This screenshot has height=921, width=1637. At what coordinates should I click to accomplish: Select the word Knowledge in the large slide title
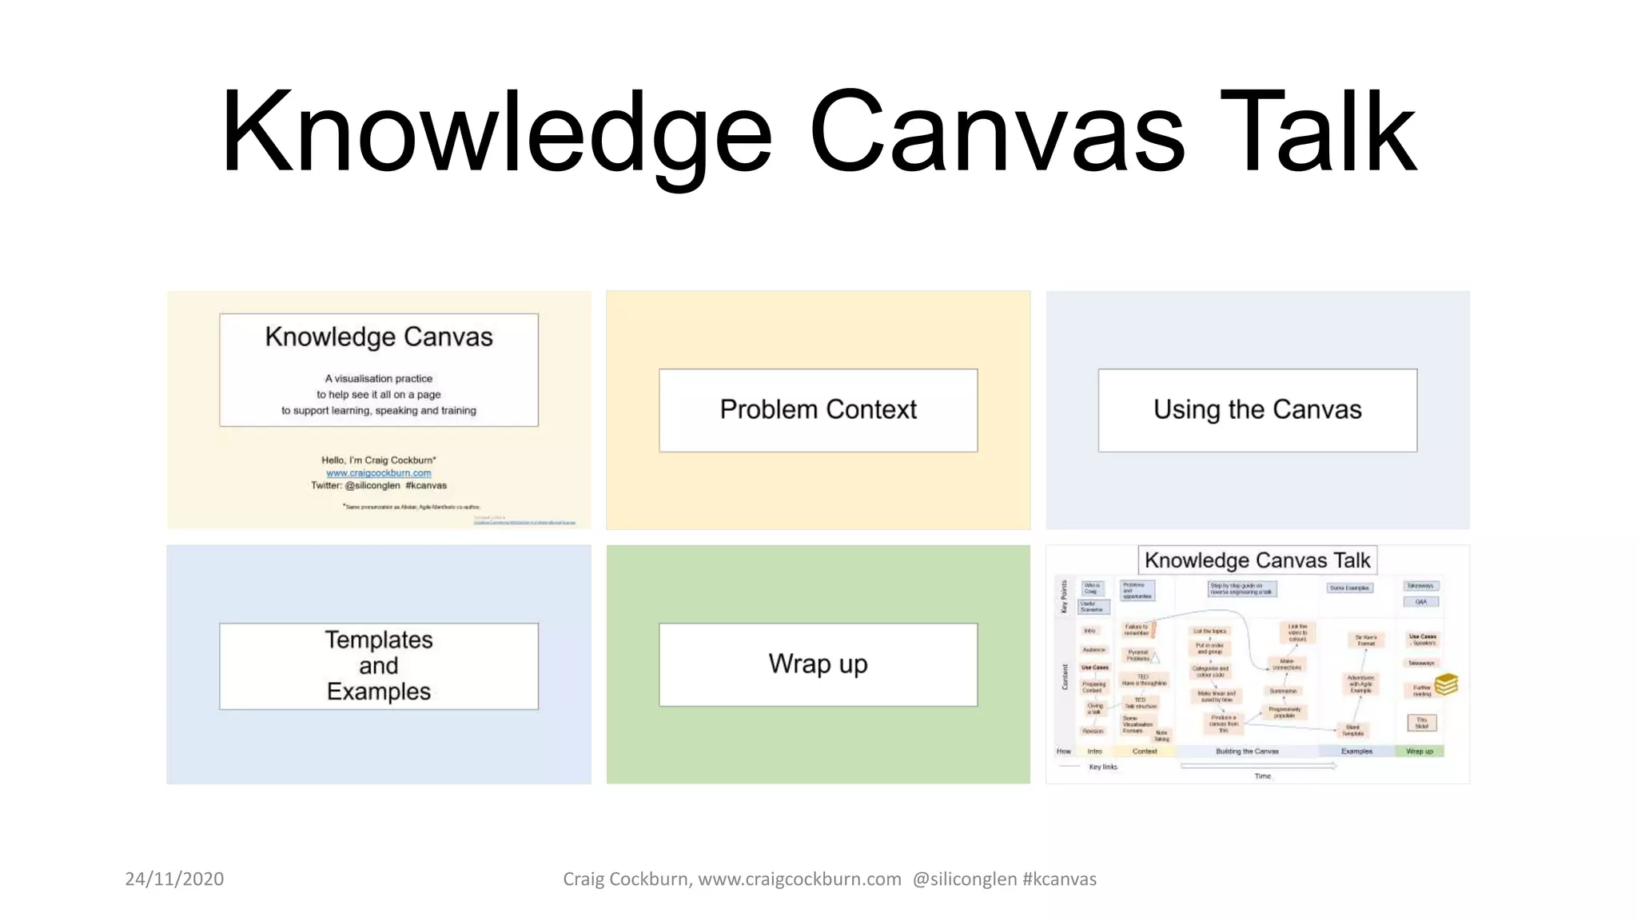pyautogui.click(x=496, y=132)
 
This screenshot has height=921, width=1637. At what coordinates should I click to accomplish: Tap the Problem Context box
pyautogui.click(x=818, y=410)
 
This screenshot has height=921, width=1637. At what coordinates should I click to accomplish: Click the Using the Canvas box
pyautogui.click(x=1257, y=410)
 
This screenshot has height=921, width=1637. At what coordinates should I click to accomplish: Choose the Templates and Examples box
pyautogui.click(x=379, y=666)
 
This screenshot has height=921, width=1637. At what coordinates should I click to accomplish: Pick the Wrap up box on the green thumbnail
pyautogui.click(x=818, y=664)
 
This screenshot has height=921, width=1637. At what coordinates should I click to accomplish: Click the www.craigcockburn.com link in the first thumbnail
pyautogui.click(x=379, y=472)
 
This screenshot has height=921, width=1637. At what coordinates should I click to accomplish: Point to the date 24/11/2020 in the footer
pyautogui.click(x=174, y=879)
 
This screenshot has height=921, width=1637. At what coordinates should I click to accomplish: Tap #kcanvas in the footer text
pyautogui.click(x=1059, y=879)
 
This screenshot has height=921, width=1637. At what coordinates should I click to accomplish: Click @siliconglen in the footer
pyautogui.click(x=964, y=879)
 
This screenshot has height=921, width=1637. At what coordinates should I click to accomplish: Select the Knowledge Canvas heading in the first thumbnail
pyautogui.click(x=379, y=337)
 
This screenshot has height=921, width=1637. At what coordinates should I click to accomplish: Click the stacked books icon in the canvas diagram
pyautogui.click(x=1446, y=684)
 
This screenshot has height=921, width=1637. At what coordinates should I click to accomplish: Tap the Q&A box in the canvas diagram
pyautogui.click(x=1420, y=602)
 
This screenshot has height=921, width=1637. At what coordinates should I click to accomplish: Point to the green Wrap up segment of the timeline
pyautogui.click(x=1420, y=752)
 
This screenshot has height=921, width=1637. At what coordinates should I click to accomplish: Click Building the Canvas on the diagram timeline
pyautogui.click(x=1247, y=752)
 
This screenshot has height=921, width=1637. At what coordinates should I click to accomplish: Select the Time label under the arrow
pyautogui.click(x=1262, y=776)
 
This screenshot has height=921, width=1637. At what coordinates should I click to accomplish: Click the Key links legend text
pyautogui.click(x=1103, y=767)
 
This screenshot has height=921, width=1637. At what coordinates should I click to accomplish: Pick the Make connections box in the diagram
pyautogui.click(x=1286, y=664)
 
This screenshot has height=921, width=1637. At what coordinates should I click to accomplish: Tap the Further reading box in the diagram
pyautogui.click(x=1422, y=691)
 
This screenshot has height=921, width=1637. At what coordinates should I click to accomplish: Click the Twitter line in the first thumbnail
pyautogui.click(x=379, y=485)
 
